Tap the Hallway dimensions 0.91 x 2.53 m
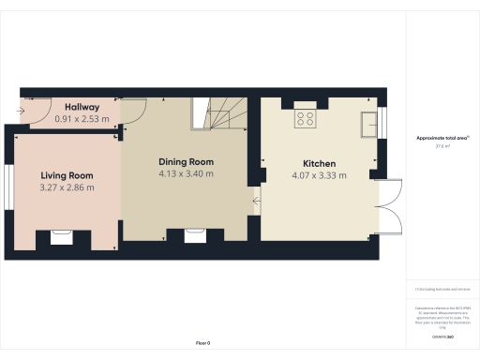pyautogui.click(x=82, y=119)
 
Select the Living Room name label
pyautogui.click(x=67, y=175)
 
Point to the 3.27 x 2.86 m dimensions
pyautogui.click(x=67, y=187)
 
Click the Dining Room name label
pyautogui.click(x=186, y=161)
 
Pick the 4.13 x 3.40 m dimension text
pyautogui.click(x=186, y=173)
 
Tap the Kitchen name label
pyautogui.click(x=320, y=162)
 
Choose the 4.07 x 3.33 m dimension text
pyautogui.click(x=320, y=174)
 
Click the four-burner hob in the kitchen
pyautogui.click(x=306, y=118)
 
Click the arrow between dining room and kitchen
pyautogui.click(x=255, y=198)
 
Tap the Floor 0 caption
pyautogui.click(x=202, y=344)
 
